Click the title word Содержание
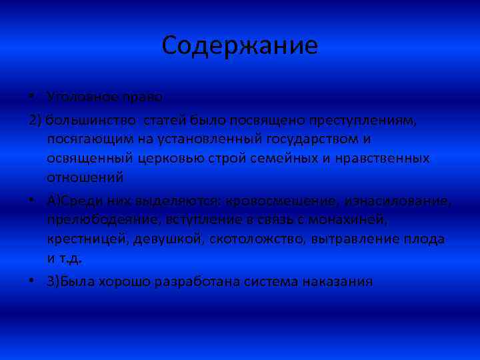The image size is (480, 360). (x=240, y=46)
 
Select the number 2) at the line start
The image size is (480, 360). (x=35, y=120)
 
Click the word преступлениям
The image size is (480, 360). (x=359, y=120)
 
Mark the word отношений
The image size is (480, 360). (x=85, y=178)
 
